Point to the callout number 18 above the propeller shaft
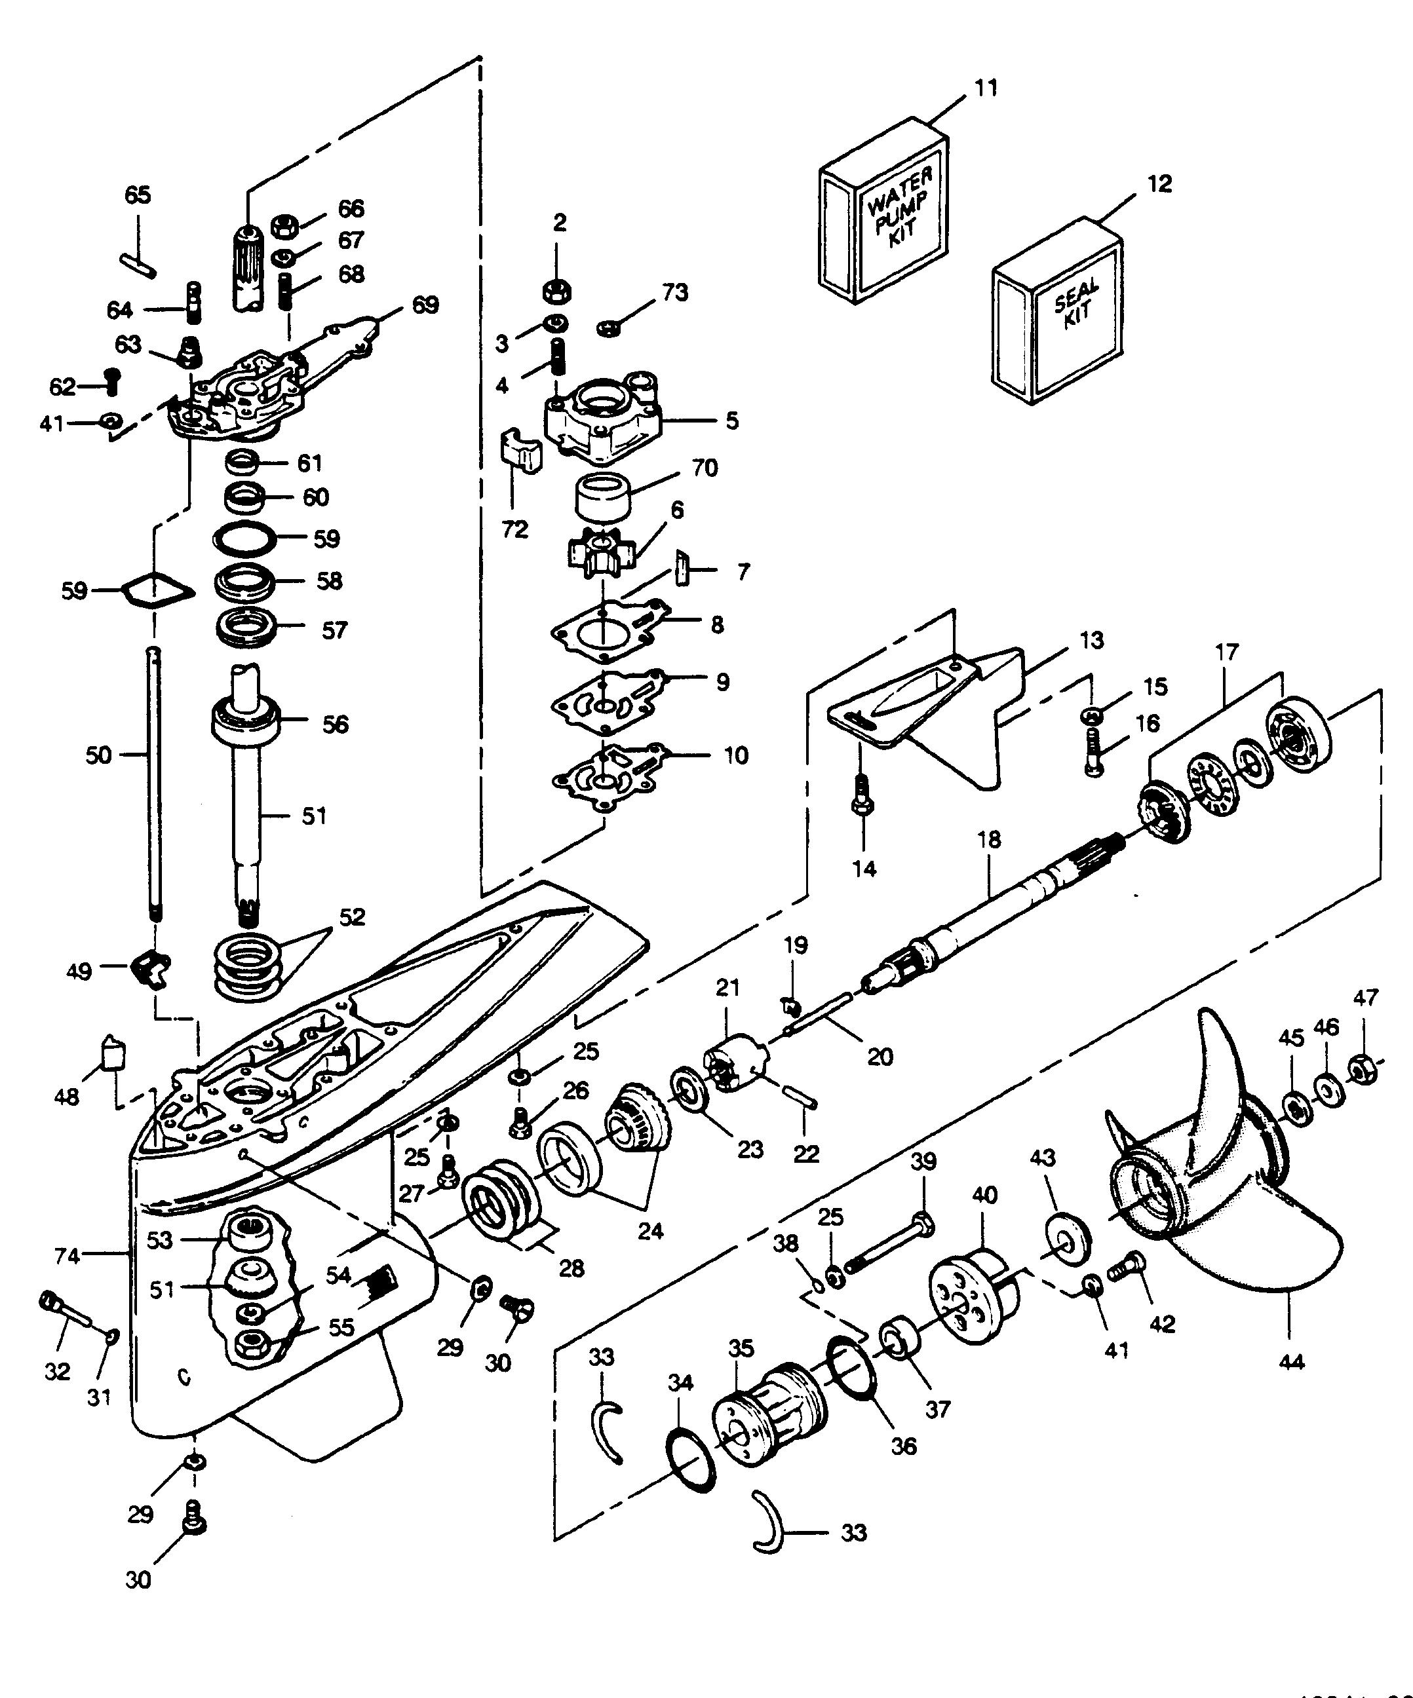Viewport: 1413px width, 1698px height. [988, 839]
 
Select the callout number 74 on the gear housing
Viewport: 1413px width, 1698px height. [67, 1256]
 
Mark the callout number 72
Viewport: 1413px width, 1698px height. [515, 529]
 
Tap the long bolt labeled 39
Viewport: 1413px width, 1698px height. [887, 1246]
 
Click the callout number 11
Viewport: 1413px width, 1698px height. [985, 87]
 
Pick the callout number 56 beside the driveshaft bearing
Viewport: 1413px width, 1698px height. [335, 724]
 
